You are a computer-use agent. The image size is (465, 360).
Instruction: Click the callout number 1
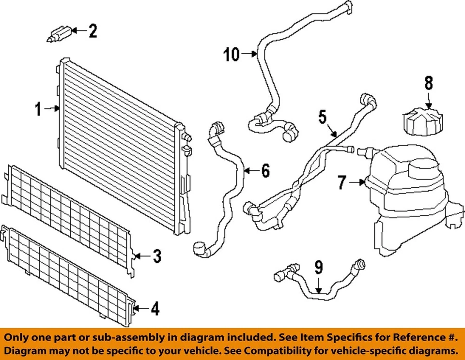point(39,109)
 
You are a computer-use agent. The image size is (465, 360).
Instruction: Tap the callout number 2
point(92,32)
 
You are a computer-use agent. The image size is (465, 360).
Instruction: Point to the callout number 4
point(155,308)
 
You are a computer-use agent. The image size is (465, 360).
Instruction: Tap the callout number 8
point(429,83)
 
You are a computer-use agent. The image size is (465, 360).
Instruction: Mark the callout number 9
point(318,268)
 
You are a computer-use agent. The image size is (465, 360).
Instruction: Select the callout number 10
point(232,55)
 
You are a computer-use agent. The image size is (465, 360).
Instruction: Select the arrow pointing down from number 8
point(428,101)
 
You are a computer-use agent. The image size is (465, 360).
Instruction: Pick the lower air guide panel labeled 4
point(68,273)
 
